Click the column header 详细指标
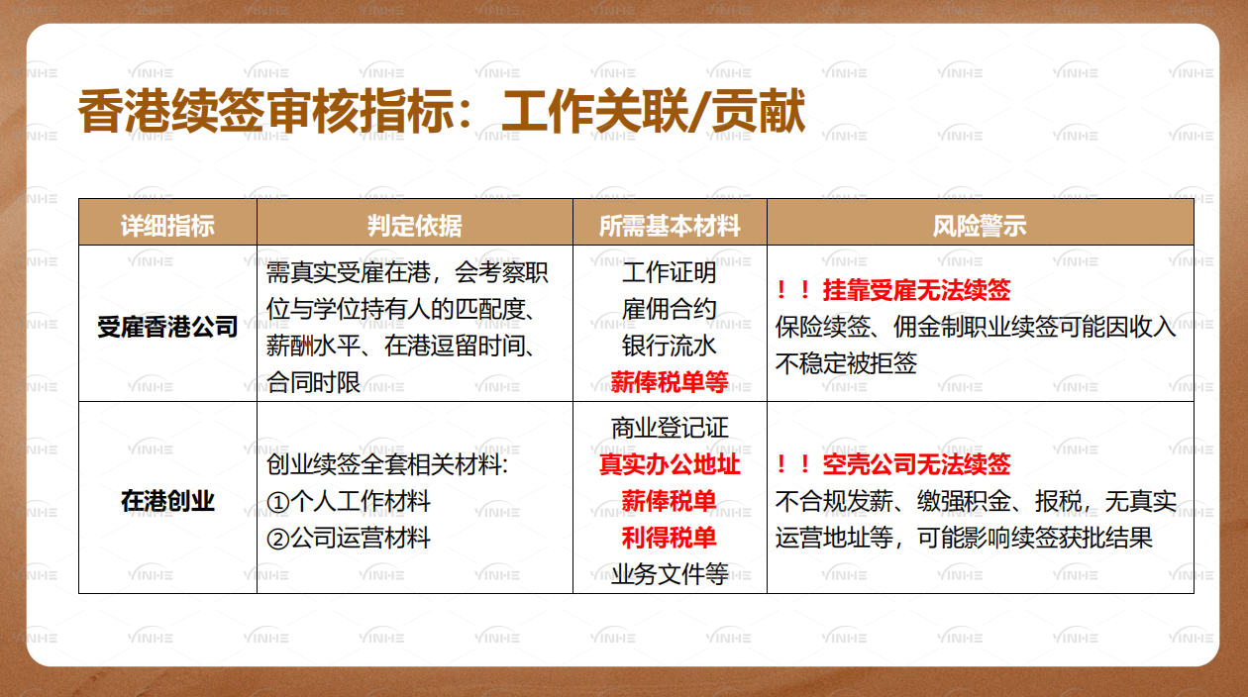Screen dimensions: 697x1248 tap(167, 226)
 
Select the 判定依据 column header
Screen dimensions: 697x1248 tap(414, 226)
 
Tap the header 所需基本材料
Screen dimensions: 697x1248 tap(670, 226)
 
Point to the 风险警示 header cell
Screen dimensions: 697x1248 tap(980, 226)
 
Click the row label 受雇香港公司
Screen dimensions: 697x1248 tap(167, 326)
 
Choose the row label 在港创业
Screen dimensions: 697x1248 tap(167, 501)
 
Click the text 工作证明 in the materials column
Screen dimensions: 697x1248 tap(670, 271)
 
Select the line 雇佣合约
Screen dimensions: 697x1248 tap(670, 308)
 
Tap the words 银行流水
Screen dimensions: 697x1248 tap(670, 345)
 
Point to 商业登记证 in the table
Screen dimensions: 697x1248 tap(670, 428)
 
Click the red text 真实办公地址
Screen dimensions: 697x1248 tap(670, 464)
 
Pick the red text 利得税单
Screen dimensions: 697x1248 tap(670, 538)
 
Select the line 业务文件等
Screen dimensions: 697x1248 tap(670, 574)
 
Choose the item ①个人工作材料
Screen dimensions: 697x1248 tap(349, 501)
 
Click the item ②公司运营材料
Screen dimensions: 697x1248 tap(349, 538)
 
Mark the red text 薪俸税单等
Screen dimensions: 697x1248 tap(670, 381)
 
